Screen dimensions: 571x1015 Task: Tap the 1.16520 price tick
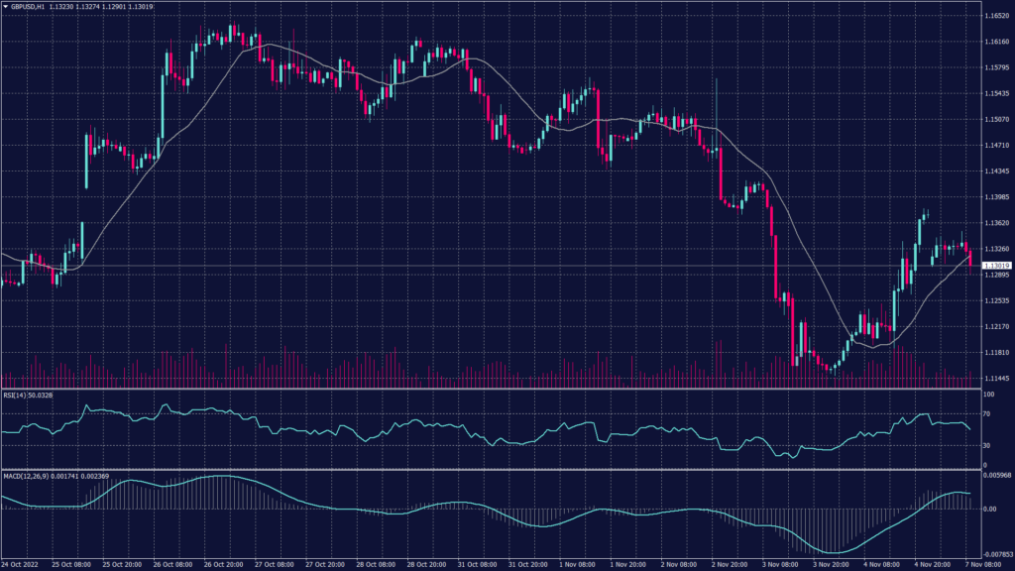[x=996, y=17]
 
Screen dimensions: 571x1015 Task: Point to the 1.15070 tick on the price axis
[x=996, y=120]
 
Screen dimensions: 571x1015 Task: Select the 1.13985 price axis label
[x=996, y=197]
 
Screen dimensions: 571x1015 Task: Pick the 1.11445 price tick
[x=996, y=378]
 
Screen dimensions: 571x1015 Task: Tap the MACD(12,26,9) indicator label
[x=27, y=476]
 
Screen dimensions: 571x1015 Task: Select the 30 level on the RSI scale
[x=988, y=445]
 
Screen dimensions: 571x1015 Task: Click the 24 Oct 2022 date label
[x=22, y=565]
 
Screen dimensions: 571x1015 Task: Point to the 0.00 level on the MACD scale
[x=988, y=509]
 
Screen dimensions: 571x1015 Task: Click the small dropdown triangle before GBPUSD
[x=5, y=6]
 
